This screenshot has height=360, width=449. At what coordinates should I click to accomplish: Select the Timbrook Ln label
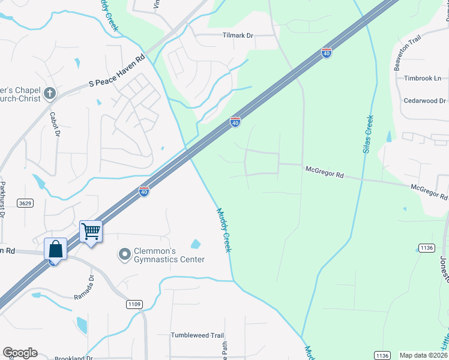(422, 78)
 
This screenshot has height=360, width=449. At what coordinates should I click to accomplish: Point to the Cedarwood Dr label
(424, 101)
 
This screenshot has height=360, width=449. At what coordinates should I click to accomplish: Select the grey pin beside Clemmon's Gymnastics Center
(124, 255)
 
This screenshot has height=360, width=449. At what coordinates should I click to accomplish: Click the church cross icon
(50, 94)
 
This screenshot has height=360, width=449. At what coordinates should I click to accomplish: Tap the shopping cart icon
(91, 230)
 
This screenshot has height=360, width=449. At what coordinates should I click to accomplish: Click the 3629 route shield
(25, 203)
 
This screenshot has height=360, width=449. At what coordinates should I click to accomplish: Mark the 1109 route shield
(134, 304)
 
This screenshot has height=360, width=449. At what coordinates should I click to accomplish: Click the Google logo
(20, 353)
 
